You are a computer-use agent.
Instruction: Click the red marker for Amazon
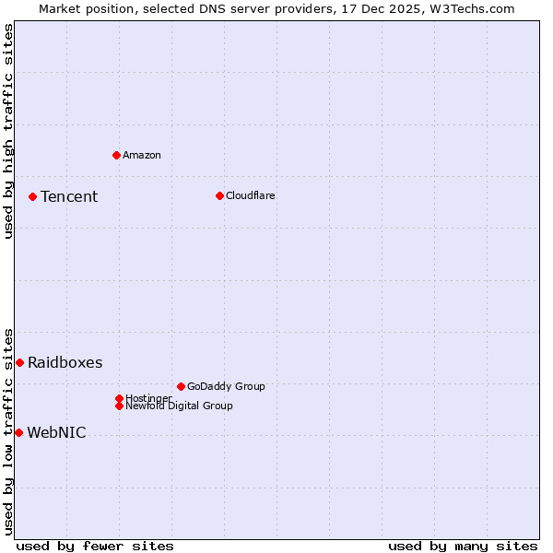click(116, 155)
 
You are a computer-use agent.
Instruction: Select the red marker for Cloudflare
click(219, 195)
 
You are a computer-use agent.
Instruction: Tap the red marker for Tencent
click(32, 196)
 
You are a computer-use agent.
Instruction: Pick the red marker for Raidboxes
click(19, 362)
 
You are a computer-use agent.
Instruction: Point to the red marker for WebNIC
click(18, 432)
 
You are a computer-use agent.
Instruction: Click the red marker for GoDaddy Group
click(181, 386)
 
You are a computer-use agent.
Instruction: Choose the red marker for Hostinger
click(119, 398)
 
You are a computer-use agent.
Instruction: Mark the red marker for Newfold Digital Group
click(119, 406)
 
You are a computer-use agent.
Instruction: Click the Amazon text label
click(142, 155)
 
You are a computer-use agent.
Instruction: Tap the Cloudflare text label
click(251, 195)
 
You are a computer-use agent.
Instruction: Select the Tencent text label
click(69, 196)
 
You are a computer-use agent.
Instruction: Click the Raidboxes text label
click(65, 362)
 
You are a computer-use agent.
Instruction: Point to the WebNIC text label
click(56, 432)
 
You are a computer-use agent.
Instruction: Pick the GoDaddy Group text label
click(226, 386)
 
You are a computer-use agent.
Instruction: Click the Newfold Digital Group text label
click(180, 406)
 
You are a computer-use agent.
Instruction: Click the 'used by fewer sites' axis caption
click(95, 546)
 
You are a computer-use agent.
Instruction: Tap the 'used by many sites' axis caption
click(463, 546)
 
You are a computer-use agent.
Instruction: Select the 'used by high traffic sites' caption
click(8, 132)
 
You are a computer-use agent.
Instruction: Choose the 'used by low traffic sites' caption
click(8, 430)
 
